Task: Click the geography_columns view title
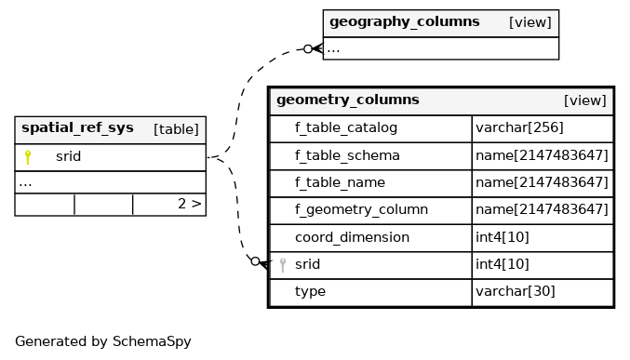(404, 21)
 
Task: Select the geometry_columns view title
(347, 100)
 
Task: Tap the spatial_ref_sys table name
(77, 127)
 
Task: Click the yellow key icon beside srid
(28, 157)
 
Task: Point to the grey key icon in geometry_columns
(283, 265)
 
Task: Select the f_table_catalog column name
(346, 127)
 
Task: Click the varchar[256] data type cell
(519, 127)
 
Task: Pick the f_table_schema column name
(347, 155)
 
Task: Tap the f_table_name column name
(340, 182)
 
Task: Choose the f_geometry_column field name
(361, 209)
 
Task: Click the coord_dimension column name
(352, 237)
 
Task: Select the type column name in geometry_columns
(310, 292)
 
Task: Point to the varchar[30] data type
(516, 291)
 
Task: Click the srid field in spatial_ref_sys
(68, 156)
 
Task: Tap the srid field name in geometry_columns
(307, 264)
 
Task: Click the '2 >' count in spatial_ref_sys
(189, 204)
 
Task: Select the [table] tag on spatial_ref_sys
(176, 129)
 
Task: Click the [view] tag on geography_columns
(529, 22)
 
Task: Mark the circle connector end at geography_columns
(308, 49)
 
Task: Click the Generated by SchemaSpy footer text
(103, 341)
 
